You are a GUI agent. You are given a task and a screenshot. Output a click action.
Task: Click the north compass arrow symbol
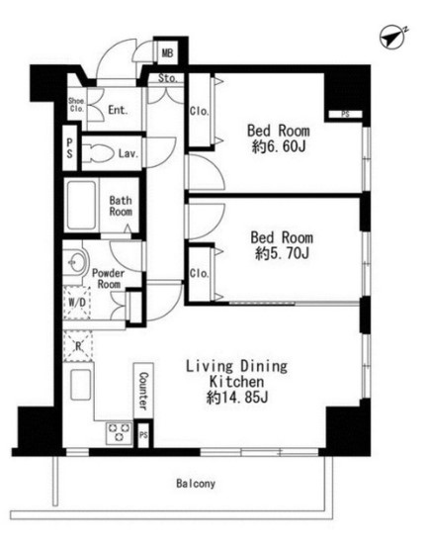click(x=392, y=37)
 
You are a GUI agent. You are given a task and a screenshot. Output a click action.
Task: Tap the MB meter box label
click(x=167, y=53)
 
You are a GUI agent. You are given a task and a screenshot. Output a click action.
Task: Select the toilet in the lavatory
click(x=98, y=153)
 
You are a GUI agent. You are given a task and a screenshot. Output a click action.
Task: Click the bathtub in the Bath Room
click(x=81, y=205)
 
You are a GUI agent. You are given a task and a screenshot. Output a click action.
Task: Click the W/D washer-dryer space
click(x=77, y=303)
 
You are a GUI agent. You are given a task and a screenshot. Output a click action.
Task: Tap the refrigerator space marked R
click(x=78, y=346)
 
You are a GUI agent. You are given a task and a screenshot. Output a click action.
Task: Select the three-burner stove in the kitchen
click(x=120, y=433)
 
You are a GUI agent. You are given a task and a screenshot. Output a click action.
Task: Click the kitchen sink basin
click(x=81, y=385)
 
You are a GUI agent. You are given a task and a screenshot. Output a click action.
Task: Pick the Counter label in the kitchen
click(x=143, y=391)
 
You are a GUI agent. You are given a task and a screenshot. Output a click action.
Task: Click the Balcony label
click(x=196, y=484)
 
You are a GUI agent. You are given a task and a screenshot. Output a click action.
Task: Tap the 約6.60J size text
click(x=279, y=146)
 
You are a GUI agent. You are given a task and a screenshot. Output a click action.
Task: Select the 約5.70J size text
click(x=282, y=253)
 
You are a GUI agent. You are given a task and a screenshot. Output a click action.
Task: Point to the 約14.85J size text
click(x=237, y=397)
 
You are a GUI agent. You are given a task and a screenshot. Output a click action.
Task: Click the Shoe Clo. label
click(x=76, y=105)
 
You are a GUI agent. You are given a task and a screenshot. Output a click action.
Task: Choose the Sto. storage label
click(x=168, y=78)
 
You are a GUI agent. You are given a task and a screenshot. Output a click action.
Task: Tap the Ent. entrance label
click(x=118, y=110)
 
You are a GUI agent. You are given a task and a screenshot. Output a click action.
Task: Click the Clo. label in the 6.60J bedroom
click(x=199, y=111)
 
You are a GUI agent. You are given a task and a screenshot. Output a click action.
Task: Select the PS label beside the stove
click(x=143, y=435)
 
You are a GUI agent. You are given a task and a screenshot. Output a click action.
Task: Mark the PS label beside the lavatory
click(x=70, y=148)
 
